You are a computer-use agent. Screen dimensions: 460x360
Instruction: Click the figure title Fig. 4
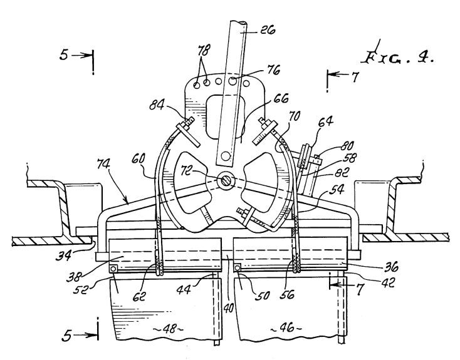coord(398,57)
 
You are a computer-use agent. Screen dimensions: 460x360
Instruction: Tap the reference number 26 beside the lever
coord(267,29)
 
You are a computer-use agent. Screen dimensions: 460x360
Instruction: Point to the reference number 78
coord(204,50)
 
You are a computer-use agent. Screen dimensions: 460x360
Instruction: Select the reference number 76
coord(273,69)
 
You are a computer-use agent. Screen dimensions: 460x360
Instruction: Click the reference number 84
coord(157,105)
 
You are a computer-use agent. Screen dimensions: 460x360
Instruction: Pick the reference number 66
coord(281,98)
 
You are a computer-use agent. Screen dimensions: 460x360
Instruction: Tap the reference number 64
coord(326,120)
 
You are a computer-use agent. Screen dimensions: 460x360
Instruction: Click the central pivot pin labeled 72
coord(225,180)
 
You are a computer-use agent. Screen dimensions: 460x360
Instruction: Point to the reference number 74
coord(103,165)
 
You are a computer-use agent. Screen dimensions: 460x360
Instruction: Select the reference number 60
coord(138,158)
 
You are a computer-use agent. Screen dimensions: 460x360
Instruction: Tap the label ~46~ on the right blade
coord(286,327)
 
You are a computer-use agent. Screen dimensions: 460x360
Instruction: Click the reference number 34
coord(63,255)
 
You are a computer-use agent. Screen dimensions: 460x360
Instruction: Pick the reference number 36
coord(391,267)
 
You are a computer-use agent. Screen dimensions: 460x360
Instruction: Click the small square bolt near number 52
coord(113,269)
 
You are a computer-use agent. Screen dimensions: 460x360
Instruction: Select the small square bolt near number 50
coord(238,267)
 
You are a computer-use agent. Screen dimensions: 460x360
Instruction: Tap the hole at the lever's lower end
coord(226,156)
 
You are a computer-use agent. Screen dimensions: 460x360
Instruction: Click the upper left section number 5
coord(64,54)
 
